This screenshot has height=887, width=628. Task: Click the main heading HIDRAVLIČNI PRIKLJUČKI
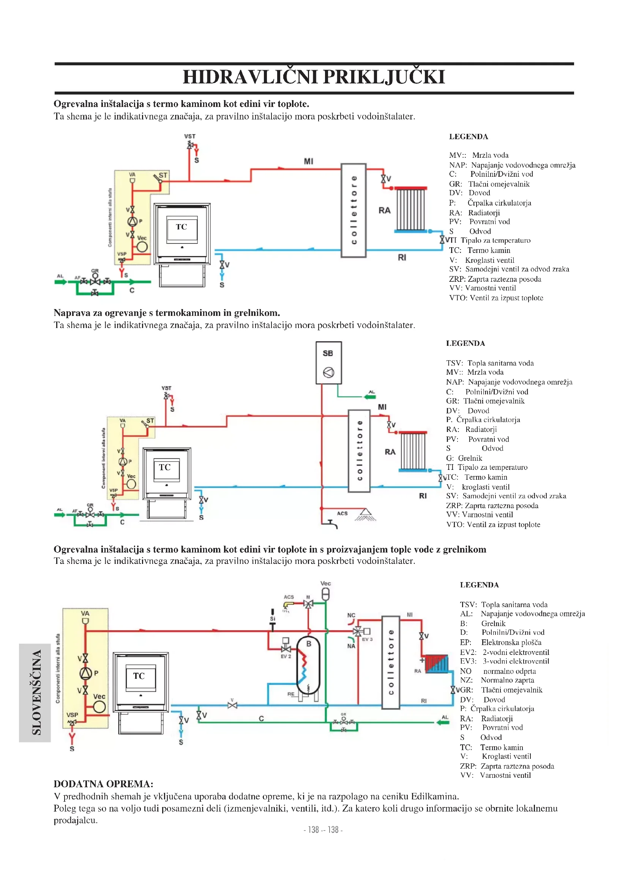pyautogui.click(x=314, y=77)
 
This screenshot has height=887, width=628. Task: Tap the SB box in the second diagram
pyautogui.click(x=328, y=363)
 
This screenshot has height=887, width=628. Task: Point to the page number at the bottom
pyautogui.click(x=323, y=829)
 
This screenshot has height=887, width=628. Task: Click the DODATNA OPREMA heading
pyautogui.click(x=103, y=784)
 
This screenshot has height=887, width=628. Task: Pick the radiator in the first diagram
pyautogui.click(x=410, y=209)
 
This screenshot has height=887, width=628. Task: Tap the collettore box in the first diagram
pyautogui.click(x=353, y=210)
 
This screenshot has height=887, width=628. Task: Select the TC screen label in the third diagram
pyautogui.click(x=139, y=676)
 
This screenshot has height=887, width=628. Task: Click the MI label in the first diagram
pyautogui.click(x=308, y=161)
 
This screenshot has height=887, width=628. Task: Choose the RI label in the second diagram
pyautogui.click(x=423, y=496)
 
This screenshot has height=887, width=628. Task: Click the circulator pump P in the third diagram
pyautogui.click(x=85, y=673)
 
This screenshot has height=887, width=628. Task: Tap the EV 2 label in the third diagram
pyautogui.click(x=286, y=656)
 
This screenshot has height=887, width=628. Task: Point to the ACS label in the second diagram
pyautogui.click(x=342, y=513)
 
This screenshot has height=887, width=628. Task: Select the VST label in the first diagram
pyautogui.click(x=189, y=137)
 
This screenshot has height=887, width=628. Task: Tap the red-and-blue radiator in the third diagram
pyautogui.click(x=437, y=663)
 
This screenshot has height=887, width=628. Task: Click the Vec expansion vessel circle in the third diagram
pyautogui.click(x=99, y=706)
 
